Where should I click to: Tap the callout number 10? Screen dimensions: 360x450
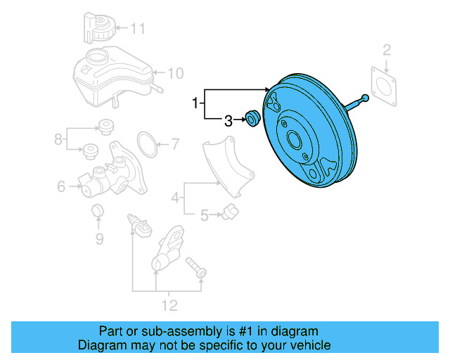click(x=175, y=72)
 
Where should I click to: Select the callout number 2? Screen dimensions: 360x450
click(x=386, y=49)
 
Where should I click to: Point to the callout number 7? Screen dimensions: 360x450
click(x=175, y=146)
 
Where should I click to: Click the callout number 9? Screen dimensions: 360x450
click(x=98, y=239)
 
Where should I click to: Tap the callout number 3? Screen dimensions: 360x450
click(x=228, y=121)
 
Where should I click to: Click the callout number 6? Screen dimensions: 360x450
click(x=61, y=186)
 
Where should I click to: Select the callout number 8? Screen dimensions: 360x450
click(x=59, y=139)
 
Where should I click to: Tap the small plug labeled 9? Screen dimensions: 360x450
click(x=98, y=211)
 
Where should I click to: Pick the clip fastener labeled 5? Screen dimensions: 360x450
click(x=227, y=211)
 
